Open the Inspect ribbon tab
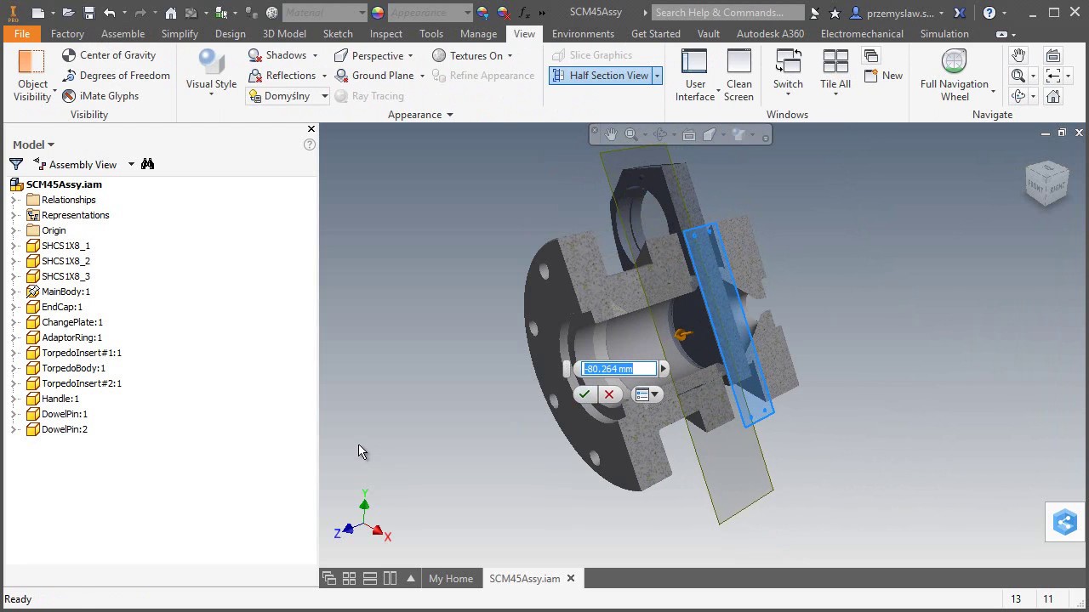pyautogui.click(x=385, y=34)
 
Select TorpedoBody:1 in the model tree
pyautogui.click(x=73, y=368)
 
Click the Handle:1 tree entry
pyautogui.click(x=60, y=399)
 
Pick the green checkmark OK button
pyautogui.click(x=584, y=394)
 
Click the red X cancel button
pyautogui.click(x=609, y=394)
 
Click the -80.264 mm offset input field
pyautogui.click(x=619, y=369)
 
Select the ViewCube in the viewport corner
pyautogui.click(x=1046, y=182)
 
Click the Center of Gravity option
pyautogui.click(x=117, y=55)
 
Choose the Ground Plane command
pyautogui.click(x=382, y=76)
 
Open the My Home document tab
pyautogui.click(x=450, y=579)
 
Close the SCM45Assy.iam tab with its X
pyautogui.click(x=571, y=579)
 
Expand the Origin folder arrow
pyautogui.click(x=14, y=230)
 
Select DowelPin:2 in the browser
pyautogui.click(x=64, y=429)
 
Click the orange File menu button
pyautogui.click(x=22, y=34)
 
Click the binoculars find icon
pyautogui.click(x=148, y=164)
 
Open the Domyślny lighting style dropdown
pyautogui.click(x=324, y=96)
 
